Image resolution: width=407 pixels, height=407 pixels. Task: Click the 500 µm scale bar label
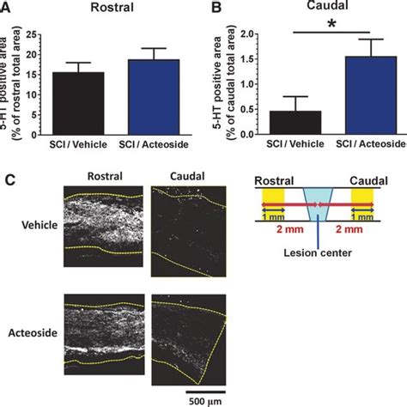pos(189,399)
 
